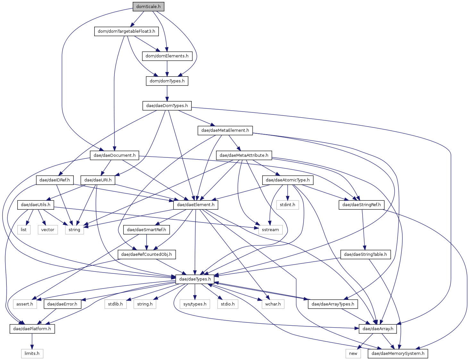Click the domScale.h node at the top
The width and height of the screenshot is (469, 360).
click(x=148, y=6)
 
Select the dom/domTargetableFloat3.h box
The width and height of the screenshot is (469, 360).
click(x=126, y=31)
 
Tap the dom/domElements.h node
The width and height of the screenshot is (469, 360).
click(x=167, y=56)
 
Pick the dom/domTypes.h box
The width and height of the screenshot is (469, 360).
click(x=167, y=81)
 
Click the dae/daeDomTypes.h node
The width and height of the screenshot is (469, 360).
click(x=167, y=106)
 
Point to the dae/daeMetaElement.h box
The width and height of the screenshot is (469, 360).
click(x=225, y=130)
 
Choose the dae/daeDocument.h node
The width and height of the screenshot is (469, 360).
click(x=114, y=155)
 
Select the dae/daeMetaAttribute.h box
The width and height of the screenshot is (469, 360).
click(x=244, y=155)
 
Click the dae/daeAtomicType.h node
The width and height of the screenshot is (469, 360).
click(x=288, y=180)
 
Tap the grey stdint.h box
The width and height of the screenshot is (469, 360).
click(x=288, y=205)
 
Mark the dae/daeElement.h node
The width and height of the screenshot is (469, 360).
click(x=196, y=205)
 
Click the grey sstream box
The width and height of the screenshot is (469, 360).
click(x=270, y=230)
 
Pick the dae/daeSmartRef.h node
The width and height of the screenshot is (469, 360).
click(x=146, y=230)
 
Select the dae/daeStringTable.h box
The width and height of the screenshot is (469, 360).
click(x=365, y=255)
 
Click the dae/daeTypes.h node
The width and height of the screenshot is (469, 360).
click(x=195, y=279)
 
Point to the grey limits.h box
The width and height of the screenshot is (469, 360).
click(x=32, y=354)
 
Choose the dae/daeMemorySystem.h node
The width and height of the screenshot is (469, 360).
click(x=398, y=354)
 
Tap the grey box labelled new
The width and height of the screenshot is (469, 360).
click(x=353, y=354)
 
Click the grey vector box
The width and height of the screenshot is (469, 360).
click(x=48, y=230)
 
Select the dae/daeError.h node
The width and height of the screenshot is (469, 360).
click(x=63, y=304)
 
